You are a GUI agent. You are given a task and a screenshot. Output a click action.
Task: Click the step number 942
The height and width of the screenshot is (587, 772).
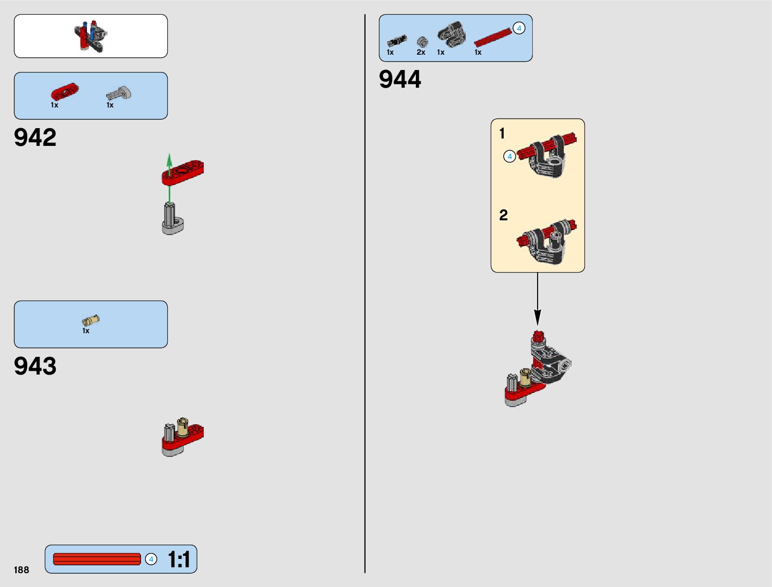point(35,138)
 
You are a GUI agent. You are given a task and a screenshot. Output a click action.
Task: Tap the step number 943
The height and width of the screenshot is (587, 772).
point(35,366)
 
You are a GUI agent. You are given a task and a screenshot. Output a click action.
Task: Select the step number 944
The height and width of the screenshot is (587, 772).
point(400,79)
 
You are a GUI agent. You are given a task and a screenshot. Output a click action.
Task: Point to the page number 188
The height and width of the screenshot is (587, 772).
point(21,570)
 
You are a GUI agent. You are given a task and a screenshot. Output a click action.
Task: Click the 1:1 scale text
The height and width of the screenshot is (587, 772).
point(179,559)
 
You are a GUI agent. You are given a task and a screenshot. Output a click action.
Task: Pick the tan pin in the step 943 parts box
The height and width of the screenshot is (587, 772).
point(90,321)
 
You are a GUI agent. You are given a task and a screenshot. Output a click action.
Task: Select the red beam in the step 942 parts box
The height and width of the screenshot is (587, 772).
point(65,92)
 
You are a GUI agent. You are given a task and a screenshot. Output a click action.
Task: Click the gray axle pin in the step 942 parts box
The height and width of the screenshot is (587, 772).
point(119,93)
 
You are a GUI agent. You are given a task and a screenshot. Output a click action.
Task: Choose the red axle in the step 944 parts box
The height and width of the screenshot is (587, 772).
point(492,38)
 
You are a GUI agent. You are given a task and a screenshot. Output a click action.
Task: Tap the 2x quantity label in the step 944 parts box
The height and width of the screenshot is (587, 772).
point(421,52)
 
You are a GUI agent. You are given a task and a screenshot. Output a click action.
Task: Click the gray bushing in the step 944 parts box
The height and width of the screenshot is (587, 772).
point(422,42)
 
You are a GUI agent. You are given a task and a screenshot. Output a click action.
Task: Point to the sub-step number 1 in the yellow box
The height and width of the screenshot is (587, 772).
point(502,134)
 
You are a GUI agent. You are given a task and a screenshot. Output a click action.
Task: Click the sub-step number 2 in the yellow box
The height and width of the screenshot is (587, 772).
point(503,215)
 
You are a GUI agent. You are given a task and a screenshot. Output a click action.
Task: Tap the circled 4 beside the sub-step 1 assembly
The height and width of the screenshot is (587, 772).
point(510,157)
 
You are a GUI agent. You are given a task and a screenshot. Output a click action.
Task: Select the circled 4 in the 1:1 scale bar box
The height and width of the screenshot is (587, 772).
point(151,559)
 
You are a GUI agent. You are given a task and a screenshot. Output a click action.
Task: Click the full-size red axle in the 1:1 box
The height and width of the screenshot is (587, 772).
point(97,559)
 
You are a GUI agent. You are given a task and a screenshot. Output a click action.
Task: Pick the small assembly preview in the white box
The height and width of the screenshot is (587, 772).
point(91,36)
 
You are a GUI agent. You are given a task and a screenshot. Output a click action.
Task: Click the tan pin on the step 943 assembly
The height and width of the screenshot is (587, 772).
point(182,427)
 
